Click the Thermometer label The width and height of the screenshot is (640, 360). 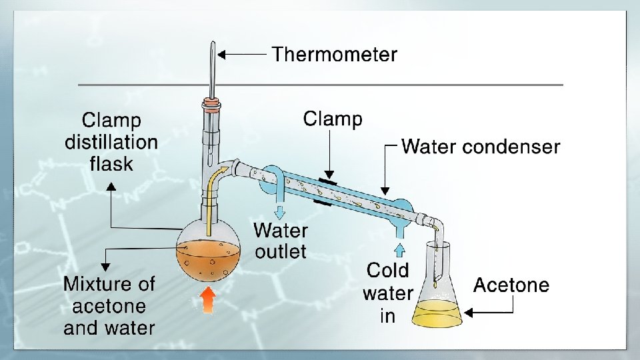coord(334,55)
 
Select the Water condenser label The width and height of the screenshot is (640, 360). coord(481,146)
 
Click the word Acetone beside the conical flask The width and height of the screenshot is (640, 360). coord(511,285)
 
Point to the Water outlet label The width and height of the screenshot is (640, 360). coord(281,241)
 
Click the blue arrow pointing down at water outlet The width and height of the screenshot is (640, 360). coord(280,211)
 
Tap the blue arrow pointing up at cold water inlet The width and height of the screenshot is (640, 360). coord(400,250)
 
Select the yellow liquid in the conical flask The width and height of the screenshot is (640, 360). coord(437,313)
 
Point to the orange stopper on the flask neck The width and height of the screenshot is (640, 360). coord(211,103)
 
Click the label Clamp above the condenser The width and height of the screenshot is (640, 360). coord(333,119)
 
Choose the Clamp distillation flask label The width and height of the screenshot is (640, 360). coord(111,142)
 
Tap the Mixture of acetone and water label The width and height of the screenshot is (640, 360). coord(109,306)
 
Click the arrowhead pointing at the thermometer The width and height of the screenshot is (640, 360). coord(223,55)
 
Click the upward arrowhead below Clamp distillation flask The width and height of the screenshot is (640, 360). coord(111,187)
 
